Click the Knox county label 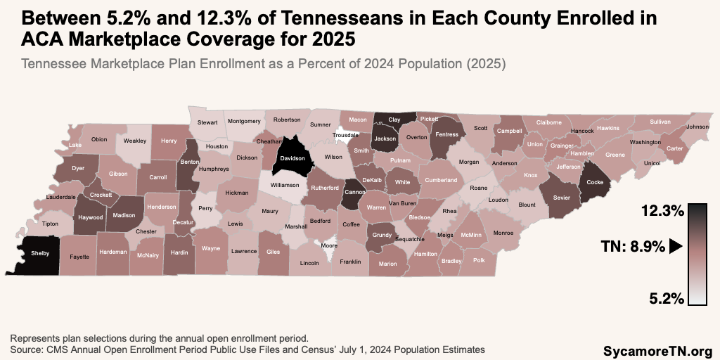pyautogui.click(x=531, y=175)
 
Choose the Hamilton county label pyautogui.click(x=425, y=254)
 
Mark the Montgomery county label pyautogui.click(x=244, y=122)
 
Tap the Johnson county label pyautogui.click(x=697, y=127)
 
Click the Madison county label pyautogui.click(x=124, y=216)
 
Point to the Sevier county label pyautogui.click(x=561, y=198)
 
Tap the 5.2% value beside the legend pyautogui.click(x=665, y=298)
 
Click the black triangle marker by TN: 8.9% pyautogui.click(x=676, y=247)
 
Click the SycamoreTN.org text pyautogui.click(x=657, y=349)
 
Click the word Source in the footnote pyautogui.click(x=27, y=349)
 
